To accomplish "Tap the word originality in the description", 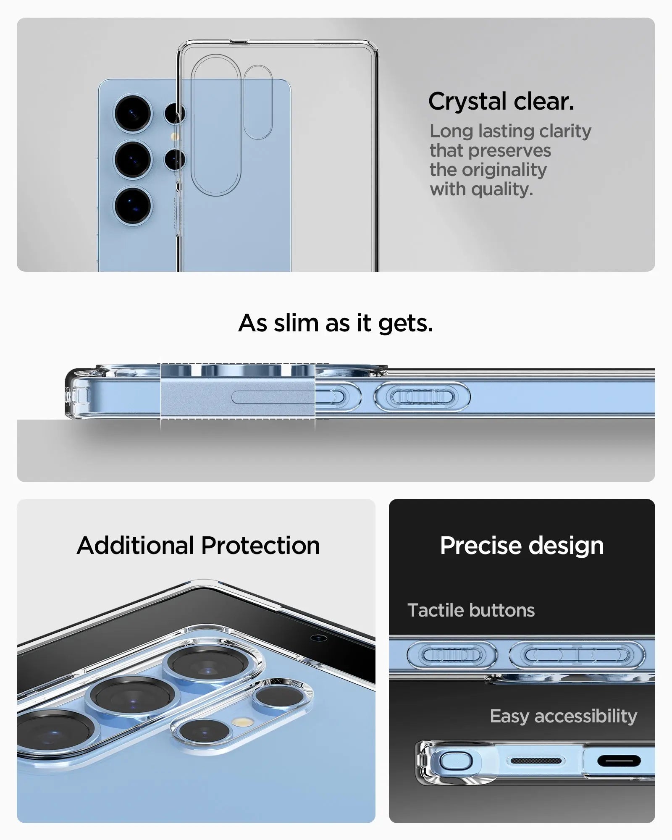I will (504, 170).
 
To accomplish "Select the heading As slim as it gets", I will (336, 323).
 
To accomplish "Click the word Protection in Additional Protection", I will (260, 546).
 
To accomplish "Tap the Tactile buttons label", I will (471, 610).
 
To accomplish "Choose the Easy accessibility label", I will (563, 716).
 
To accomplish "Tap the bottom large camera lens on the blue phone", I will (133, 206).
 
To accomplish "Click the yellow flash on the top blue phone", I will (173, 136).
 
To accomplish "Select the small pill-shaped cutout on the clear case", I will (258, 102).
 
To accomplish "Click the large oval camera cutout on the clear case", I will (216, 125).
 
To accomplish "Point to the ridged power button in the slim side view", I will (422, 396).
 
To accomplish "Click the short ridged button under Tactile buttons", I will (451, 655).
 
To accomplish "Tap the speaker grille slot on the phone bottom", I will (536, 761).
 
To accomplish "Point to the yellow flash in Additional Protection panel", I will (244, 722).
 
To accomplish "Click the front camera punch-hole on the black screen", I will (319, 638).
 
